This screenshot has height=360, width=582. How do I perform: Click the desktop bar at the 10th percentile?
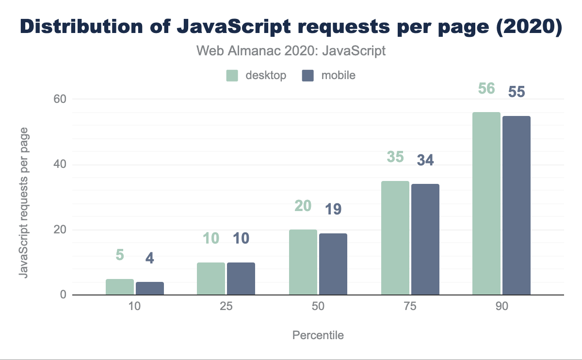[120, 287]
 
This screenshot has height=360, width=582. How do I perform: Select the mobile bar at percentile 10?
[150, 289]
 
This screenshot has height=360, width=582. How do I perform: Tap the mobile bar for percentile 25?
[241, 279]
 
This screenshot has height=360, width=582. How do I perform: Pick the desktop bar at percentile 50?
[303, 262]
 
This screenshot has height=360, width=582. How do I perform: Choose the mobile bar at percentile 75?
[425, 240]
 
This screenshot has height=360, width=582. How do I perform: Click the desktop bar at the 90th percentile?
[486, 204]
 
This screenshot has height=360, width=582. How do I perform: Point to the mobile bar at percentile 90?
[517, 206]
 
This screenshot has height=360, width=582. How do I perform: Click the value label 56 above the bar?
[486, 89]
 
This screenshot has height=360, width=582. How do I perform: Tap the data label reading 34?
[425, 160]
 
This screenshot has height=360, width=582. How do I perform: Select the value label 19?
[333, 209]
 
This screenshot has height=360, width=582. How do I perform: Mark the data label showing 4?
[150, 258]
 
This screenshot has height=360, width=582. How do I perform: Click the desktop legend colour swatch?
[232, 76]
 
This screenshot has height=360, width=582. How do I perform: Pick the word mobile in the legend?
[338, 76]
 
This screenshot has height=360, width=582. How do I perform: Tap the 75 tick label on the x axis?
[410, 307]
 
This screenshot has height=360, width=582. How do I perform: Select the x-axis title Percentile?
[318, 336]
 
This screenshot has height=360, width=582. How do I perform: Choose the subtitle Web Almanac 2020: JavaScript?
[291, 51]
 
